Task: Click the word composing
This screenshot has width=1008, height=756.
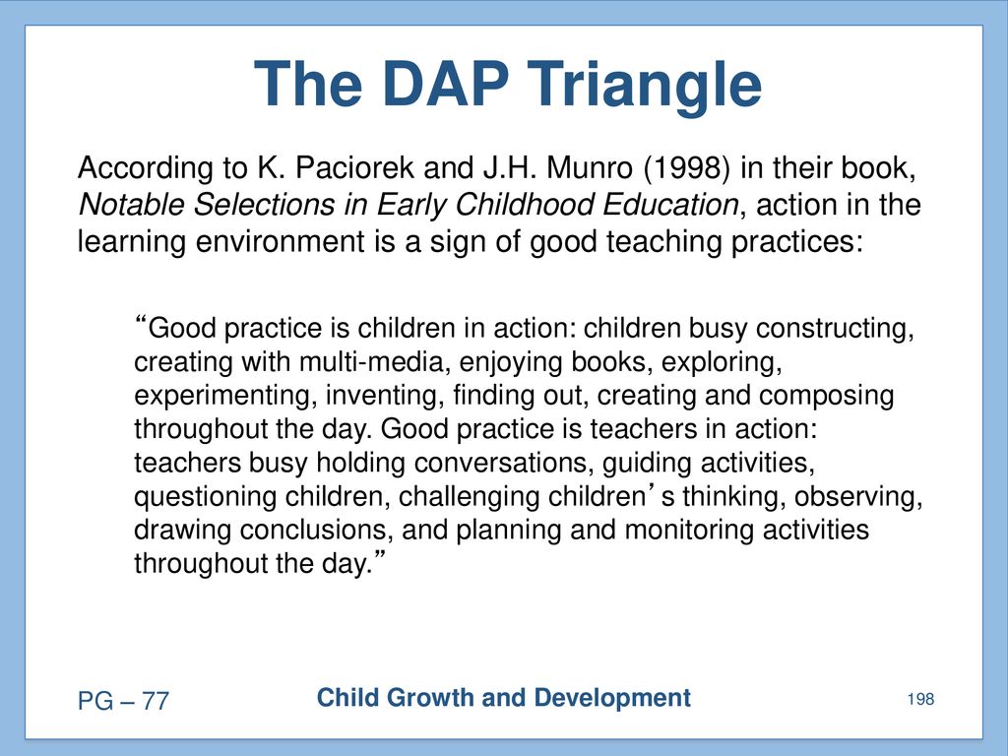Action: (x=826, y=397)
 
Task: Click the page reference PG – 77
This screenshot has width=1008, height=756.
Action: (x=123, y=701)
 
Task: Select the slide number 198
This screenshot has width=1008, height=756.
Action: (x=920, y=699)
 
